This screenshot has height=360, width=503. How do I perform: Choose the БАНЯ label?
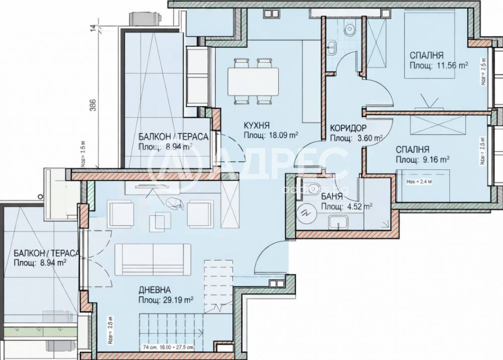click(329, 197)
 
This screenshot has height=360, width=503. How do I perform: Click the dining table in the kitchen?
click(253, 81)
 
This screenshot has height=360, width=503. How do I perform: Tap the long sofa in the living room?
click(153, 259)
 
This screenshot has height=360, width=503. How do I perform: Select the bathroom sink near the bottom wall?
click(338, 221)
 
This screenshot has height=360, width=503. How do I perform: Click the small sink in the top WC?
click(332, 48)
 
